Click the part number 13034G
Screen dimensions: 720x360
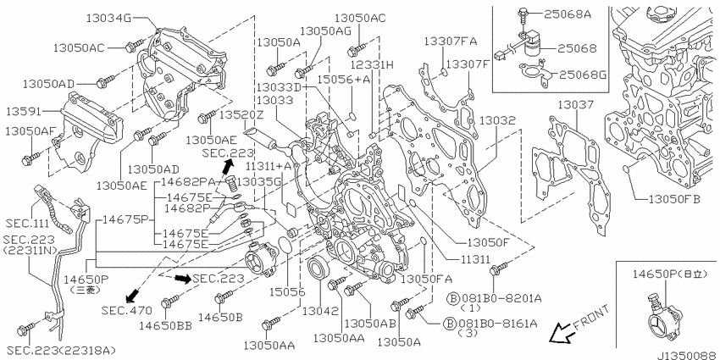click(108, 19)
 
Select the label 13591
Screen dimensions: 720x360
click(25, 112)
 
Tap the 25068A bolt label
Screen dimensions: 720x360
click(568, 14)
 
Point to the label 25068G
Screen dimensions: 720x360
click(582, 74)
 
